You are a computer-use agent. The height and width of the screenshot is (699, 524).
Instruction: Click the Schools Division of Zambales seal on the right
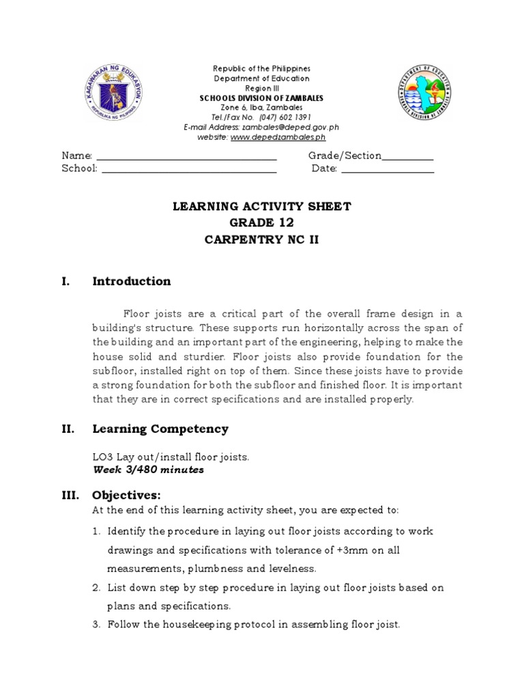tap(425, 94)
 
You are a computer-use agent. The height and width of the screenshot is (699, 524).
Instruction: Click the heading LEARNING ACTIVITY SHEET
tap(261, 207)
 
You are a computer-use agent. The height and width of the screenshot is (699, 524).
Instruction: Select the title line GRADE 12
tap(261, 223)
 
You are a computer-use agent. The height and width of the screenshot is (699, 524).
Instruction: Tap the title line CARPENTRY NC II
tap(261, 240)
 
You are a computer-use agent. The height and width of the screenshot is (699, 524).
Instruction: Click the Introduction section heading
tap(131, 281)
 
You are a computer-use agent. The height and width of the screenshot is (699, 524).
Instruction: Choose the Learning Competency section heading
tap(160, 429)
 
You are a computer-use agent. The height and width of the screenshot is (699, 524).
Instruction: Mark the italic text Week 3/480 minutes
tap(148, 470)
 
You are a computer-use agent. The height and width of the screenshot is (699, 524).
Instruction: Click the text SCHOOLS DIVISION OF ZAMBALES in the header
tap(261, 98)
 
